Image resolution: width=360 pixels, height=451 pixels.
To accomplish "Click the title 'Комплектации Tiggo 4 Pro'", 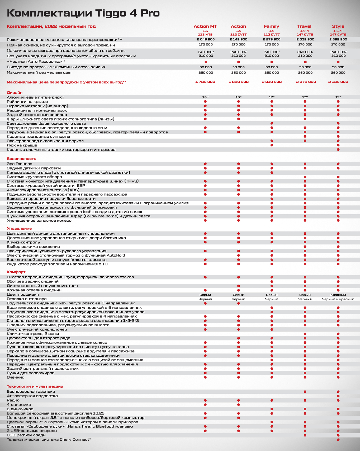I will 83,13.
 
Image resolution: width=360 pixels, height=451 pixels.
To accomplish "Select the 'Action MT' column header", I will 205,26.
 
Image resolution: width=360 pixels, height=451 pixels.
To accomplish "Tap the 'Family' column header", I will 271,26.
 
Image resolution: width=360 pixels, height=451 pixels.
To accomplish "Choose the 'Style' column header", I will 338,26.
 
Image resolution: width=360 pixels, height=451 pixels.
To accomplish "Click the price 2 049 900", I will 206,39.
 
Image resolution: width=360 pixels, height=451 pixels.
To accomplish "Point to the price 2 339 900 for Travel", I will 305,39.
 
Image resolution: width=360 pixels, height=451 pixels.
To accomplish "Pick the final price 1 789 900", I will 205,82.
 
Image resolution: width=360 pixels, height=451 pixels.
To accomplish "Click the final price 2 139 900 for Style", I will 338,82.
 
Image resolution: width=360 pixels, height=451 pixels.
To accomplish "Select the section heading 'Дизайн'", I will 15,92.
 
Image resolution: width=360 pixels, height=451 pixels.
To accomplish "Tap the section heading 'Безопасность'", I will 21,159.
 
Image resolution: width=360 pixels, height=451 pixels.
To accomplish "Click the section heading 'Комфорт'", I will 16,272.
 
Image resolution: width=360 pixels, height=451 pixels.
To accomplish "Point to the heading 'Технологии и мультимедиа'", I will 35,386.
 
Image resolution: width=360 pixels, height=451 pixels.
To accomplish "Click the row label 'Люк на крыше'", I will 22,145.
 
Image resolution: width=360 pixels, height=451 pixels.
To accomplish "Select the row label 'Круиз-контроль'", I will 23,242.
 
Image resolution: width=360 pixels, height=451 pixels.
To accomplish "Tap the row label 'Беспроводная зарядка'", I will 31,392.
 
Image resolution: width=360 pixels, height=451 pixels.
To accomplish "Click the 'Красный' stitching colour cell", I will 338,295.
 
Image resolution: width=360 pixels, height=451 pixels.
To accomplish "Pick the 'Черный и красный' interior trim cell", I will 338,299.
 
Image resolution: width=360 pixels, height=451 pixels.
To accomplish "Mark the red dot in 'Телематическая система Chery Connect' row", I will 338,440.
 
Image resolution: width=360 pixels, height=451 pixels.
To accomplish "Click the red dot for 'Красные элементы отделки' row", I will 338,150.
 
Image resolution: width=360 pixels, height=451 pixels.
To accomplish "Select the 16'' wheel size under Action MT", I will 205,97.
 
